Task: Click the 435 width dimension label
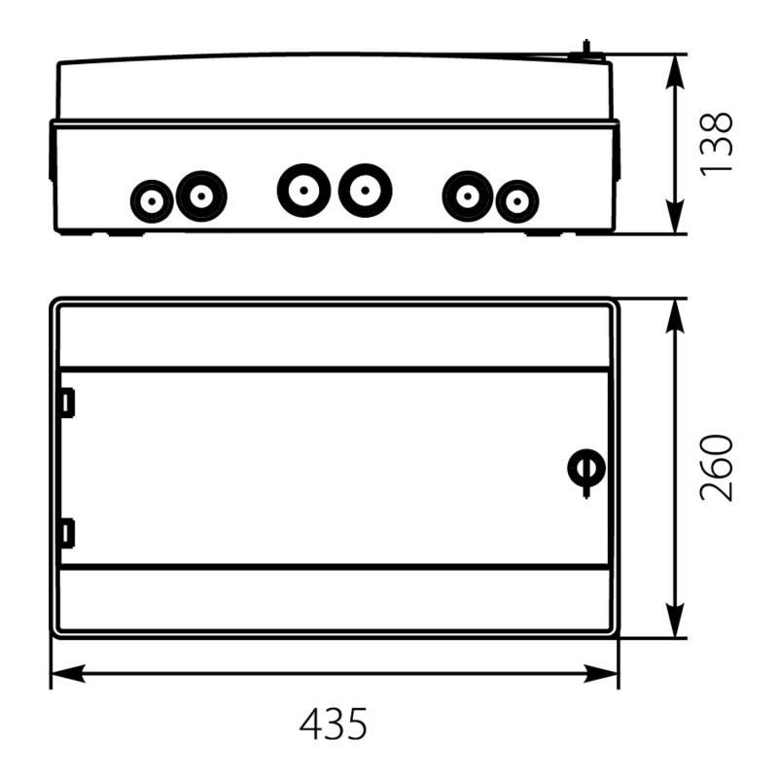click(x=334, y=724)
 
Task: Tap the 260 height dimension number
click(x=716, y=468)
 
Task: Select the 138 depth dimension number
click(x=716, y=143)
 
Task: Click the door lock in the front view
click(x=586, y=472)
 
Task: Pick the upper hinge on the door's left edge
click(x=67, y=402)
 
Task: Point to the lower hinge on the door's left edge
click(x=67, y=533)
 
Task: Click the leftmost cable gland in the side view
click(x=152, y=201)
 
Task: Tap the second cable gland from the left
click(x=201, y=196)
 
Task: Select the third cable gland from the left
click(x=303, y=190)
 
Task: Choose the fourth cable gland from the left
click(x=366, y=190)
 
